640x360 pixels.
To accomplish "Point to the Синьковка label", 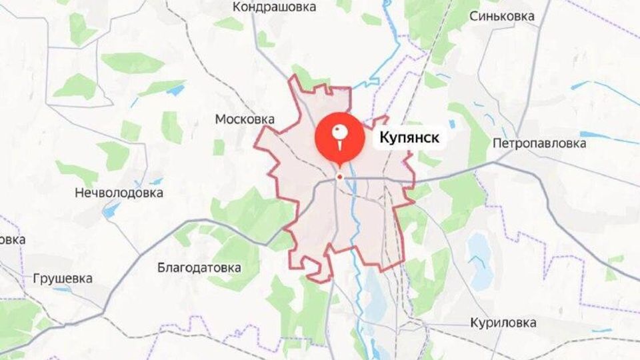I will (x=501, y=15).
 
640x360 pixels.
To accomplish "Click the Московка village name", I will (x=245, y=119).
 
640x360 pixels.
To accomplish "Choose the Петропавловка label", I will (x=539, y=143).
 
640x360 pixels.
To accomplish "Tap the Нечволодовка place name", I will (x=119, y=193).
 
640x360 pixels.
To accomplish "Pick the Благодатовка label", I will (x=199, y=268).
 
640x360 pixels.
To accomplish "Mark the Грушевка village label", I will (x=62, y=279).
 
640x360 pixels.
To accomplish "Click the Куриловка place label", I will (x=503, y=323).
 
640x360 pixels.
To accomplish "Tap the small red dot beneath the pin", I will (x=340, y=177).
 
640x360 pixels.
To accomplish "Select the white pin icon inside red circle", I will (x=340, y=135).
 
